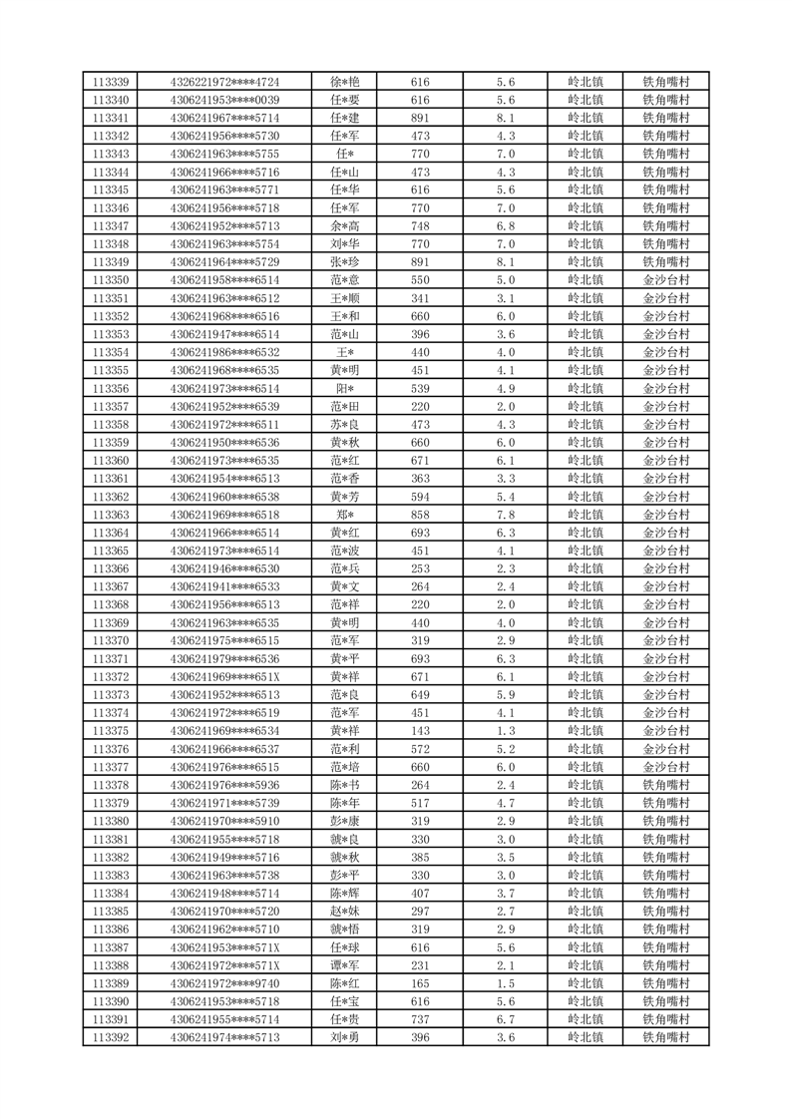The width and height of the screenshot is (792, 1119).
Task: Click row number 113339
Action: [x=110, y=82]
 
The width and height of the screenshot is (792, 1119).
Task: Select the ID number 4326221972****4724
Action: [x=224, y=82]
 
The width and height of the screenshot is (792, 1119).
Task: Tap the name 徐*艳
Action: [x=344, y=82]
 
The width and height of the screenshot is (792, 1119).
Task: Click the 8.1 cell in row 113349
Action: [x=505, y=262]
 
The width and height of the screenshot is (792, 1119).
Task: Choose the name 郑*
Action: [x=344, y=515]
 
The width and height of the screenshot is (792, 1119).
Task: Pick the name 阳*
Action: [x=344, y=388]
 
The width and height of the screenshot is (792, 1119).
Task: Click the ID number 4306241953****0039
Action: [x=224, y=100]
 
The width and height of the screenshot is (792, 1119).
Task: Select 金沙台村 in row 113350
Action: [x=665, y=280]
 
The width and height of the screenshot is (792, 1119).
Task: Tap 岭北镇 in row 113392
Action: [x=585, y=1037]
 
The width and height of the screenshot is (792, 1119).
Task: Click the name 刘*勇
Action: [x=344, y=1037]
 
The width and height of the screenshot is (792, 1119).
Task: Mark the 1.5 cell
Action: [x=505, y=983]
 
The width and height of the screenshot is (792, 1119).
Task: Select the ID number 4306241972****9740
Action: [x=224, y=983]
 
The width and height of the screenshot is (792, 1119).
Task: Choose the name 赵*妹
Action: [x=344, y=912]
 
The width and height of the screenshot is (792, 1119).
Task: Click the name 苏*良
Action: [x=344, y=425]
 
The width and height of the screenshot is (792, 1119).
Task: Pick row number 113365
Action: [x=110, y=551]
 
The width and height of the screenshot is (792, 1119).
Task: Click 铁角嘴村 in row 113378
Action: [x=665, y=785]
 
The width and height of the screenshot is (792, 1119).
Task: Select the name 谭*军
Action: [x=344, y=965]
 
